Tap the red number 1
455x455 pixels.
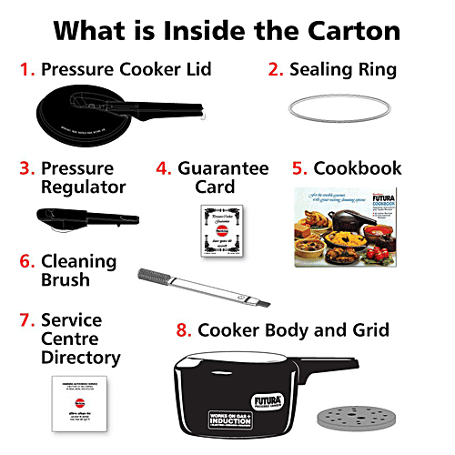(27, 69)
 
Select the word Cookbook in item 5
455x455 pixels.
(357, 168)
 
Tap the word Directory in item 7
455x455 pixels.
(80, 358)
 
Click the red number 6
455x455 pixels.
(27, 261)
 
